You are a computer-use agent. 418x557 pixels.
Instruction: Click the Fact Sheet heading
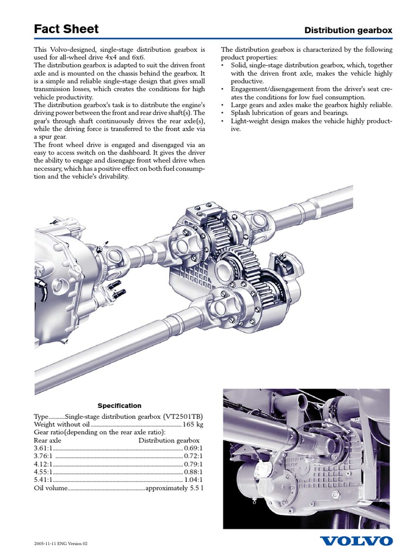(x=66, y=29)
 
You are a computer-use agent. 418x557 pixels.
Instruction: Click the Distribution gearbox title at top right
(x=348, y=30)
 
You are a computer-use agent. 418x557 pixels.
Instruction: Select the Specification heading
(x=119, y=405)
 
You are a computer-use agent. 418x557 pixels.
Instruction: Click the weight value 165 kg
(x=193, y=424)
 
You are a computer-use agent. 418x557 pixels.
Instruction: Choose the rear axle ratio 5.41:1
(x=44, y=480)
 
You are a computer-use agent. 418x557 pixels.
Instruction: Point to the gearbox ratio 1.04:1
(x=193, y=480)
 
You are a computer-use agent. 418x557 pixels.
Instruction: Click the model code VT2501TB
(x=180, y=416)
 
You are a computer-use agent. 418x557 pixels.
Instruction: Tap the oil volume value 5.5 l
(x=197, y=488)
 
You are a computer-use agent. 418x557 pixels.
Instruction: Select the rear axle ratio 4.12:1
(x=44, y=464)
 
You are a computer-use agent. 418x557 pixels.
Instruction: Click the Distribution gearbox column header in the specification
(x=169, y=440)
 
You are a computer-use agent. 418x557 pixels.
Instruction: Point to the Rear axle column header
(x=48, y=440)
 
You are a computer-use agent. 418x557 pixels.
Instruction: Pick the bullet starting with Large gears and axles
(x=311, y=104)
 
